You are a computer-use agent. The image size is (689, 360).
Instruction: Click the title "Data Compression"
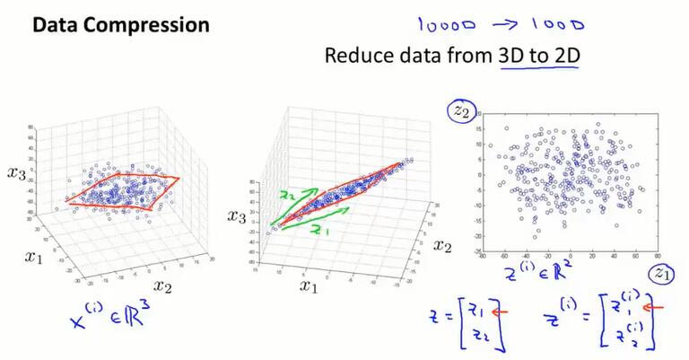point(120,25)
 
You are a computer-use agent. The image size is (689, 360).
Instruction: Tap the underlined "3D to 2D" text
point(538,56)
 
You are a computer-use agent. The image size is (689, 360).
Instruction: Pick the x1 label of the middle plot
point(310,286)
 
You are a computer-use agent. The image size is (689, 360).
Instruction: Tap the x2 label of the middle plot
point(440,244)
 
